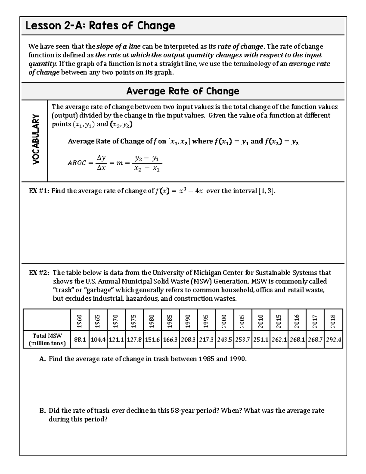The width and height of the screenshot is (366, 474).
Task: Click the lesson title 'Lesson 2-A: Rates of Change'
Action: click(x=100, y=26)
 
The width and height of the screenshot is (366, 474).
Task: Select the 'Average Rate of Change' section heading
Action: click(x=183, y=91)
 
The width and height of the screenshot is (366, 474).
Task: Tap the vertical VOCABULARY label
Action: click(x=36, y=139)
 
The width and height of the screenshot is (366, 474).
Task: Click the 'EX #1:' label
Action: click(x=39, y=191)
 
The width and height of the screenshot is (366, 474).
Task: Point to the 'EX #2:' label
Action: click(x=39, y=273)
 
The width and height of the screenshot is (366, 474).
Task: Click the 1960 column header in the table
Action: click(x=80, y=321)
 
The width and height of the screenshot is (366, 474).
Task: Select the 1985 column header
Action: click(x=170, y=321)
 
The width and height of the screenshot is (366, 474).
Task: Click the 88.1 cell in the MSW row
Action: click(x=80, y=339)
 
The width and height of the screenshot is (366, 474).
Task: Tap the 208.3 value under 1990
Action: click(x=189, y=339)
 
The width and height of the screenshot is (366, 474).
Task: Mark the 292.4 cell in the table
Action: click(x=333, y=339)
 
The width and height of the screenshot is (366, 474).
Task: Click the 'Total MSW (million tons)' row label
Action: click(x=47, y=339)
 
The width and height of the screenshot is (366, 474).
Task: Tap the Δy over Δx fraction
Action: click(x=101, y=163)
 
